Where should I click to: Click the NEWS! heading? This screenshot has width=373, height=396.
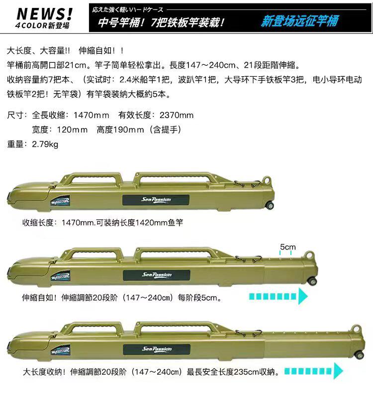click(45, 13)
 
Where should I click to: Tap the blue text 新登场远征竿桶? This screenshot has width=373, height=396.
click(299, 21)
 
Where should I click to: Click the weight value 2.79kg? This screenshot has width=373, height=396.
click(45, 144)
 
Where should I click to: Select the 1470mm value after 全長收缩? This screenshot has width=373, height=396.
click(92, 115)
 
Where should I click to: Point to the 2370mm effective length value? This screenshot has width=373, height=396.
click(177, 115)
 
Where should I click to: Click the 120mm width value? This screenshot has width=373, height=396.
click(72, 130)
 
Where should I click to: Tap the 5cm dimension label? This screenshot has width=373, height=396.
click(288, 247)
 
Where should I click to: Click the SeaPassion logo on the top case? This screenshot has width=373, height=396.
click(156, 200)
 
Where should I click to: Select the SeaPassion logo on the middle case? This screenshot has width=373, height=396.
click(156, 275)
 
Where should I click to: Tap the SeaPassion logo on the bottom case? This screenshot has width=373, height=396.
click(157, 349)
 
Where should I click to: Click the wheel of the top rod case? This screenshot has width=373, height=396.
click(270, 205)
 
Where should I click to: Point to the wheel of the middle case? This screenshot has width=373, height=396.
click(313, 281)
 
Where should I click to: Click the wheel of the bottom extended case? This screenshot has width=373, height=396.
click(359, 355)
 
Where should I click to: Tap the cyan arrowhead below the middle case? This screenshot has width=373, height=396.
click(303, 296)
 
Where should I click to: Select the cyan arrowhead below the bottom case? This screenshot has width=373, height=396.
click(338, 371)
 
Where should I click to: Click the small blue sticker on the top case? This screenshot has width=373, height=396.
click(60, 200)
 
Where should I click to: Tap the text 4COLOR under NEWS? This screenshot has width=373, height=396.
click(31, 25)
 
